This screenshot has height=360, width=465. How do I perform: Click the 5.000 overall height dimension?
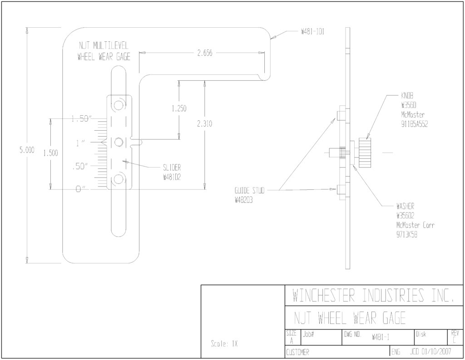point(27,150)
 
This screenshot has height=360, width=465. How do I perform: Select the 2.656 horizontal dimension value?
point(205,53)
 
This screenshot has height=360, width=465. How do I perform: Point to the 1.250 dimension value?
point(179,108)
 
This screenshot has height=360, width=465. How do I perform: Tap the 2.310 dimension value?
point(205,123)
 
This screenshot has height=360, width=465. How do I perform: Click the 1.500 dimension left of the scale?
point(50,153)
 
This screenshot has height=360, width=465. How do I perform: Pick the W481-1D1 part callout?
point(312,32)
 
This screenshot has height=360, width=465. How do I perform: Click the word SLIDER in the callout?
point(172,168)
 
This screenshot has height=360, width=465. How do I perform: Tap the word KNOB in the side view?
point(407,95)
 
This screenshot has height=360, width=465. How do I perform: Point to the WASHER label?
point(406,206)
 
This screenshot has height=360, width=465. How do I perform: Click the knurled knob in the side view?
point(365,153)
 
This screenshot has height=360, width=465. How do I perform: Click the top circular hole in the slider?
point(119,105)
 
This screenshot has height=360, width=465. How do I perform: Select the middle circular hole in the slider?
point(119,143)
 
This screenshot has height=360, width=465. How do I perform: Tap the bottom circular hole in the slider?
point(119,179)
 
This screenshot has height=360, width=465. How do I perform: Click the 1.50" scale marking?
point(80,119)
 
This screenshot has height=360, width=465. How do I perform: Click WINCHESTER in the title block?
point(324,295)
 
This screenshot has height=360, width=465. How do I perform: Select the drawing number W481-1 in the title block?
point(381,337)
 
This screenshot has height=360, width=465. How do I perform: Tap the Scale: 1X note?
point(224,344)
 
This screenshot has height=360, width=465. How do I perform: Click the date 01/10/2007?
point(436,352)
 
